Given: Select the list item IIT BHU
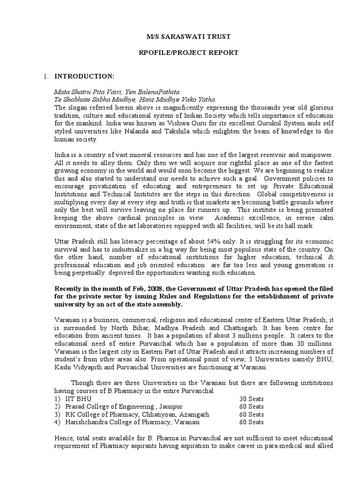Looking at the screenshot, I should coord(79,398).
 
